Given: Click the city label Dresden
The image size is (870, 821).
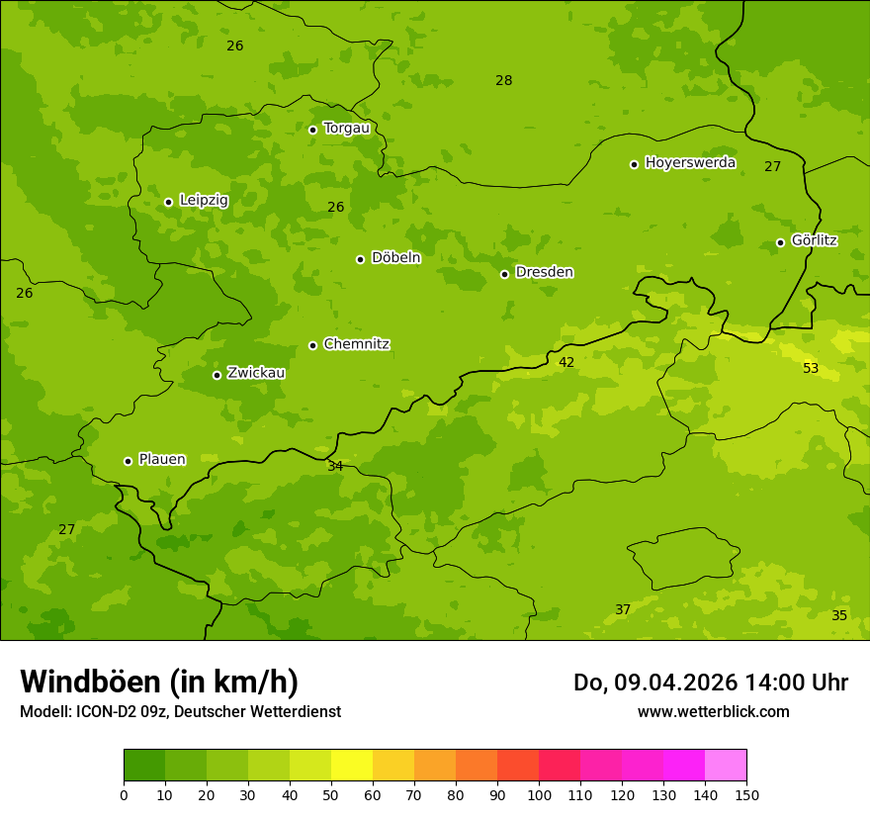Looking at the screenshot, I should coord(544,272).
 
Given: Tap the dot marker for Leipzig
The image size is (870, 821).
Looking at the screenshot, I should coord(168,202).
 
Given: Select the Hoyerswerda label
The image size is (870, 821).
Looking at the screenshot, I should coord(690,162).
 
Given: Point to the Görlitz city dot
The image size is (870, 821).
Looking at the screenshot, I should coord(780,242).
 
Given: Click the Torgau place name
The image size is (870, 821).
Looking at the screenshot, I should coord(346,128).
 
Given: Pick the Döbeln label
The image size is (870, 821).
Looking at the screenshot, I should coord(395,257).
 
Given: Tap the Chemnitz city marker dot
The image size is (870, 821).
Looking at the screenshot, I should coord(312,345).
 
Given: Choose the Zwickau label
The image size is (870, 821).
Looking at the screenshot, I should coord(256,373).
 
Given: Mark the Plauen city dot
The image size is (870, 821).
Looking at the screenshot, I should coord(128,461).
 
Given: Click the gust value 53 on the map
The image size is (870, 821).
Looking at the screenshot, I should coord(811,368).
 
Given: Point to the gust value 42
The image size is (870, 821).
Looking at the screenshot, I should coord(566,362).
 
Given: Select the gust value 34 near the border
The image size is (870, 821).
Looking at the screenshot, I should coord(335,466).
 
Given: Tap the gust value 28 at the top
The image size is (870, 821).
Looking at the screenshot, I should coord(504,80).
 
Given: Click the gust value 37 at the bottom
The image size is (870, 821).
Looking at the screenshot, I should coord(623,609).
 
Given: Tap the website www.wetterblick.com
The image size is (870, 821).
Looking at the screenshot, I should coord(713,711).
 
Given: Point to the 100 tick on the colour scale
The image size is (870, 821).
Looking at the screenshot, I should coord(539,794).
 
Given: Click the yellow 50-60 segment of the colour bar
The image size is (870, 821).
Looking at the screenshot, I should coord(352,765).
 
